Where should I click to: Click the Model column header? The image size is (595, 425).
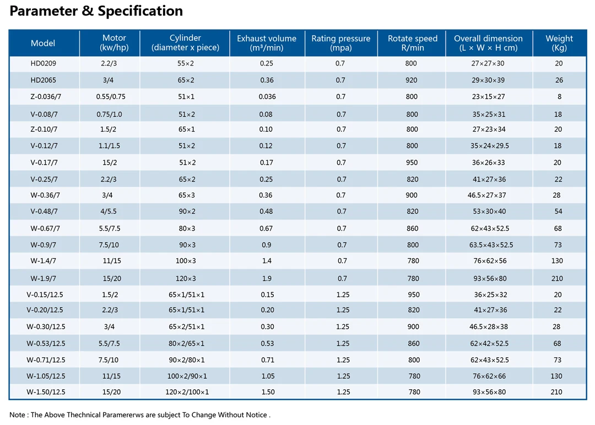click(x=43, y=43)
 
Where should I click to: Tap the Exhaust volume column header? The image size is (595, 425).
click(x=267, y=43)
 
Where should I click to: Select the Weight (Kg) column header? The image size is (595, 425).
click(x=559, y=43)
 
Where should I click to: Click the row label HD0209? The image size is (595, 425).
click(x=44, y=63)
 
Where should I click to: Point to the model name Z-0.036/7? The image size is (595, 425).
click(x=46, y=97)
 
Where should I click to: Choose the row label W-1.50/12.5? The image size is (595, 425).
click(x=46, y=392)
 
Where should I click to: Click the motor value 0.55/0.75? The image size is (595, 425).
click(x=111, y=97)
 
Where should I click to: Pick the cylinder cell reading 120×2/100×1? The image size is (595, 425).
click(x=187, y=392)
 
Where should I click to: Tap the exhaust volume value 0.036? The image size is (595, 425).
click(x=267, y=97)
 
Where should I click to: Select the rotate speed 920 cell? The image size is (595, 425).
click(x=412, y=80)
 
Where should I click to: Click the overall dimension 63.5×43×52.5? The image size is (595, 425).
click(x=491, y=245)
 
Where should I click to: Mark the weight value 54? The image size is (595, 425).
click(x=558, y=211)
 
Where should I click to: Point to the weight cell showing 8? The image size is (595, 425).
click(x=559, y=97)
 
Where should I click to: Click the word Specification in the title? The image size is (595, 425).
click(x=140, y=11)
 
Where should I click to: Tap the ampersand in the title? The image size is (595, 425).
click(x=88, y=10)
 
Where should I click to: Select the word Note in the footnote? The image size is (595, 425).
click(x=17, y=415)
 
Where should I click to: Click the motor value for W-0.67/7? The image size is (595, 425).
click(x=110, y=228)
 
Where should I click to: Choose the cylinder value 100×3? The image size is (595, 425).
click(x=186, y=261)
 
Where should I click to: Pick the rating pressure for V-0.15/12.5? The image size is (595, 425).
click(x=343, y=295)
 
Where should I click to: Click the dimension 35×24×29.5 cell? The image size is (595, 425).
click(x=490, y=146)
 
